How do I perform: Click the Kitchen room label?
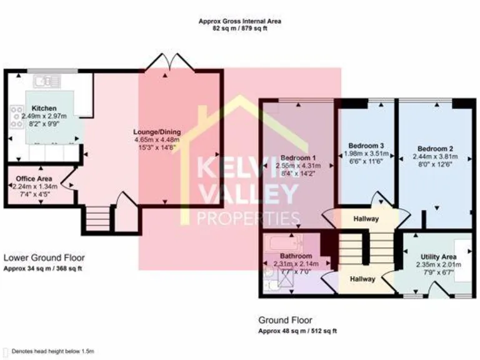click(x=44, y=108)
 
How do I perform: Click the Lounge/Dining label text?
click(x=157, y=132)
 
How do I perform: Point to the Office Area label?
click(x=33, y=178)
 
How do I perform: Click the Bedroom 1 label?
click(x=297, y=157)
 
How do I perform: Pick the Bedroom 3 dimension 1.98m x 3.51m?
click(x=366, y=154)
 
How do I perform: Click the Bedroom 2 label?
click(x=435, y=149)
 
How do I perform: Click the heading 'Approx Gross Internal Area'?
click(x=239, y=21)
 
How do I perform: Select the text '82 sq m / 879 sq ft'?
click(x=239, y=28)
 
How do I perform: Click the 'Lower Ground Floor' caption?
click(x=44, y=257)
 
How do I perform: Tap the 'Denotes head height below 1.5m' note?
click(x=53, y=352)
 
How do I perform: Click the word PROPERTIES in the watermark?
click(x=248, y=218)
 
